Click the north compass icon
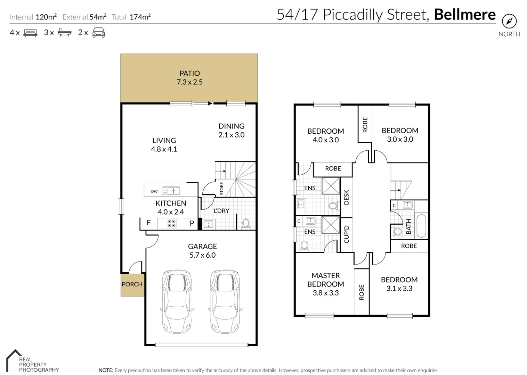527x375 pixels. (x=509, y=21)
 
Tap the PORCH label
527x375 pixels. (x=132, y=284)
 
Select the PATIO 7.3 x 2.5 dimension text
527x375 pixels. (x=189, y=82)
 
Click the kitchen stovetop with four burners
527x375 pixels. (x=171, y=224)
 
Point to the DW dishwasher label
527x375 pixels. (x=154, y=192)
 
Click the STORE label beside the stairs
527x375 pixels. (x=221, y=189)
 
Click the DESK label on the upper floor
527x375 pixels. (x=346, y=197)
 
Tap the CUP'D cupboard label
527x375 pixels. (x=347, y=234)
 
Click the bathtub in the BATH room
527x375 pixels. (x=421, y=226)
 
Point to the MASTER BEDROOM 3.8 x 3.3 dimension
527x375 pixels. (x=326, y=293)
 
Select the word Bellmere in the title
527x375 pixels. (x=465, y=15)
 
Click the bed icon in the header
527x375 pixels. (x=30, y=32)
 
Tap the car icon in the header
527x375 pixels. (x=99, y=32)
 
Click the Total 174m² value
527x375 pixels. (x=140, y=17)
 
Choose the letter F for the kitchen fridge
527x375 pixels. (x=149, y=223)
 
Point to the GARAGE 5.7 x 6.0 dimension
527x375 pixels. (x=203, y=255)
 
